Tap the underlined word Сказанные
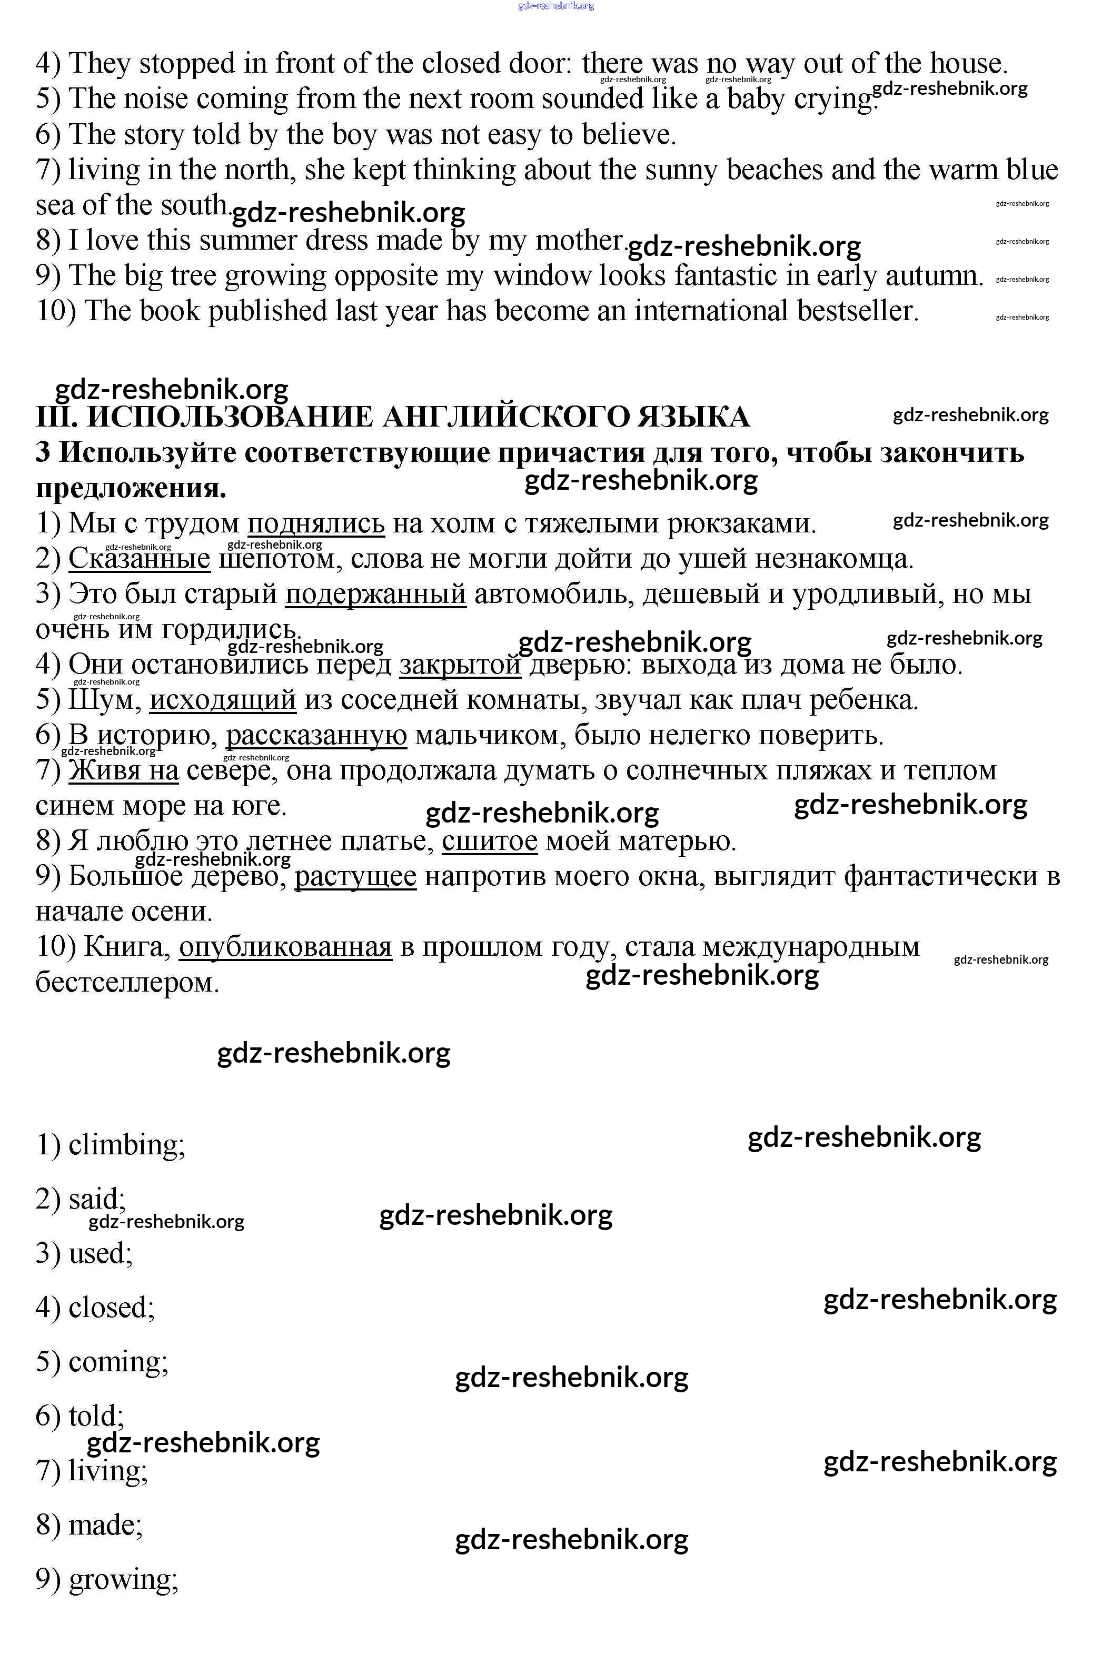tap(140, 559)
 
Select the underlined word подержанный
tap(375, 594)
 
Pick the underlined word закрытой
tap(460, 665)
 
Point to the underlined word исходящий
tap(223, 700)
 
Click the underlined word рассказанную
tap(316, 735)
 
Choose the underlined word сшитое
tap(489, 842)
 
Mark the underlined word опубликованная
tap(285, 947)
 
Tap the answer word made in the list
tap(104, 1525)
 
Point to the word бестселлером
tap(127, 983)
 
